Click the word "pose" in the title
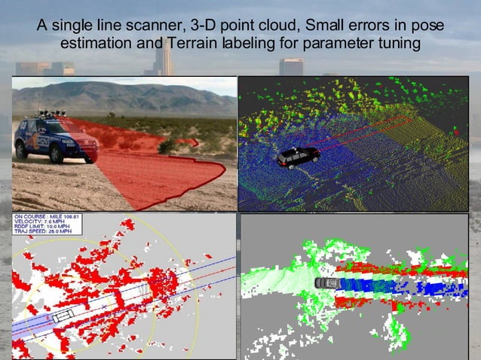point(427,26)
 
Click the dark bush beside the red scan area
point(167,145)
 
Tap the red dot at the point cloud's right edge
point(455,133)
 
